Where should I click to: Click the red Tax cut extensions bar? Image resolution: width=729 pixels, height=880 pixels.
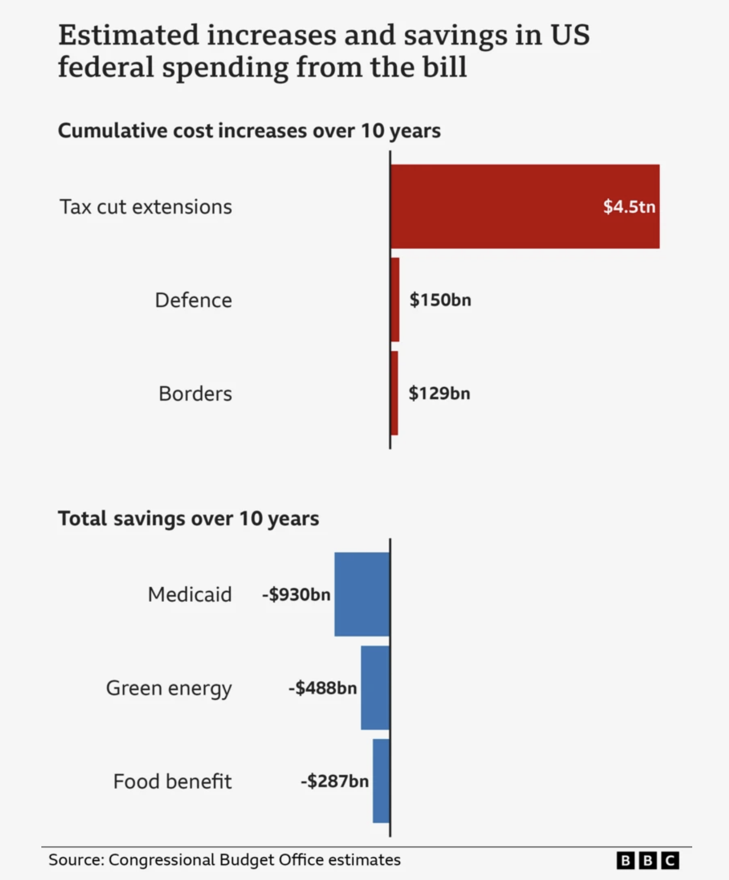tap(524, 206)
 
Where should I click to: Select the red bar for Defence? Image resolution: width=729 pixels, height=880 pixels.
tap(395, 299)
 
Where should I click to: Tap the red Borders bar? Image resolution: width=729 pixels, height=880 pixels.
tap(394, 393)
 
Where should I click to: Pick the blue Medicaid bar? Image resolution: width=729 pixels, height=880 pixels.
tap(362, 594)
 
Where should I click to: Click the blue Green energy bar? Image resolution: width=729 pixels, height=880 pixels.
tap(375, 687)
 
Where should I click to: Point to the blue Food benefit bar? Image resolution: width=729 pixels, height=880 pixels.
tap(381, 781)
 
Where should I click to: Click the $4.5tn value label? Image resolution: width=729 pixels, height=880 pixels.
tap(629, 206)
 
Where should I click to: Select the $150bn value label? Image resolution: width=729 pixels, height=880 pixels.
tap(440, 300)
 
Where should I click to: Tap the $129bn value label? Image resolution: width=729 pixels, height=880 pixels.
tap(439, 393)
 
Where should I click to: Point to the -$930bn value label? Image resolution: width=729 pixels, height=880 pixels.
tap(296, 595)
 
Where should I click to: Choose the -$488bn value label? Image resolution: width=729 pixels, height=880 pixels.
tap(323, 688)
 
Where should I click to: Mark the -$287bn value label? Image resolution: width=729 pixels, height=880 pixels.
tap(335, 781)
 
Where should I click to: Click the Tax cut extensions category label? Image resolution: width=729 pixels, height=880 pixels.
tap(146, 207)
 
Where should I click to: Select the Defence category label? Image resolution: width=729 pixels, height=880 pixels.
tap(193, 300)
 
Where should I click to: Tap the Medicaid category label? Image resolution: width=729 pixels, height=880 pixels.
tap(190, 595)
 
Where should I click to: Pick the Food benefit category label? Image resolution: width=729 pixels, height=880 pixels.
tap(172, 781)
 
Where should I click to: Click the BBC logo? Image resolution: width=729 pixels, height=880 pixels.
tap(648, 860)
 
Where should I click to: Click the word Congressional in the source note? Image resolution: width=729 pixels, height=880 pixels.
tap(161, 860)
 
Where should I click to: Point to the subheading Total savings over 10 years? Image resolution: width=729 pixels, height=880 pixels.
tap(189, 518)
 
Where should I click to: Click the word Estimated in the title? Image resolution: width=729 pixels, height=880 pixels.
tap(129, 35)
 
